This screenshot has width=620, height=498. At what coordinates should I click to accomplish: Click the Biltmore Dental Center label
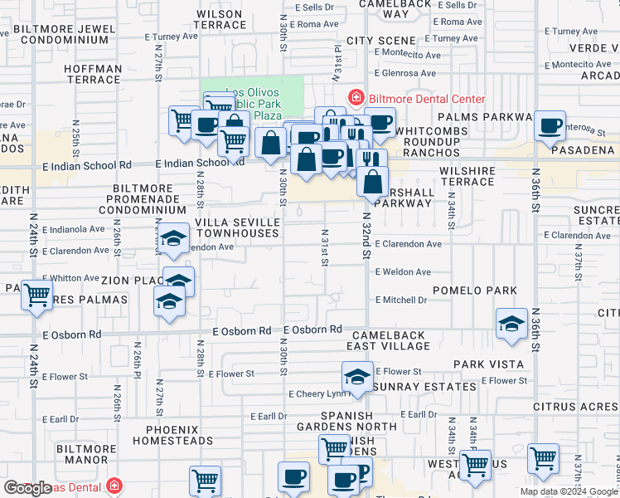tap(426, 99)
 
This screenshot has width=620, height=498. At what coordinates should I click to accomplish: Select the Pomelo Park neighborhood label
tap(482, 290)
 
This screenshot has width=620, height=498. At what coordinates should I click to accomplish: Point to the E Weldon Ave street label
tap(403, 272)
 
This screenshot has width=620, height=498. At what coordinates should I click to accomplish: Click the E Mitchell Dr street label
tap(401, 300)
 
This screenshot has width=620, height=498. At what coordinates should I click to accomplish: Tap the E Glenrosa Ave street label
tap(404, 73)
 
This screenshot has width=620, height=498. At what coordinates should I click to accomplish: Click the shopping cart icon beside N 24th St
tap(37, 295)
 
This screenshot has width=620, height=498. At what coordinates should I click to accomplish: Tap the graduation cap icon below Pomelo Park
tap(511, 323)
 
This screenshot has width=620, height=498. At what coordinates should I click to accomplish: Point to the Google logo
tap(27, 488)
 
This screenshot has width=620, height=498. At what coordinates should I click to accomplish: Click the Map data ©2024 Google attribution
tap(569, 491)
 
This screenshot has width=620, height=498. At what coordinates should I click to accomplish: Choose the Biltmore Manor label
tap(86, 454)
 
